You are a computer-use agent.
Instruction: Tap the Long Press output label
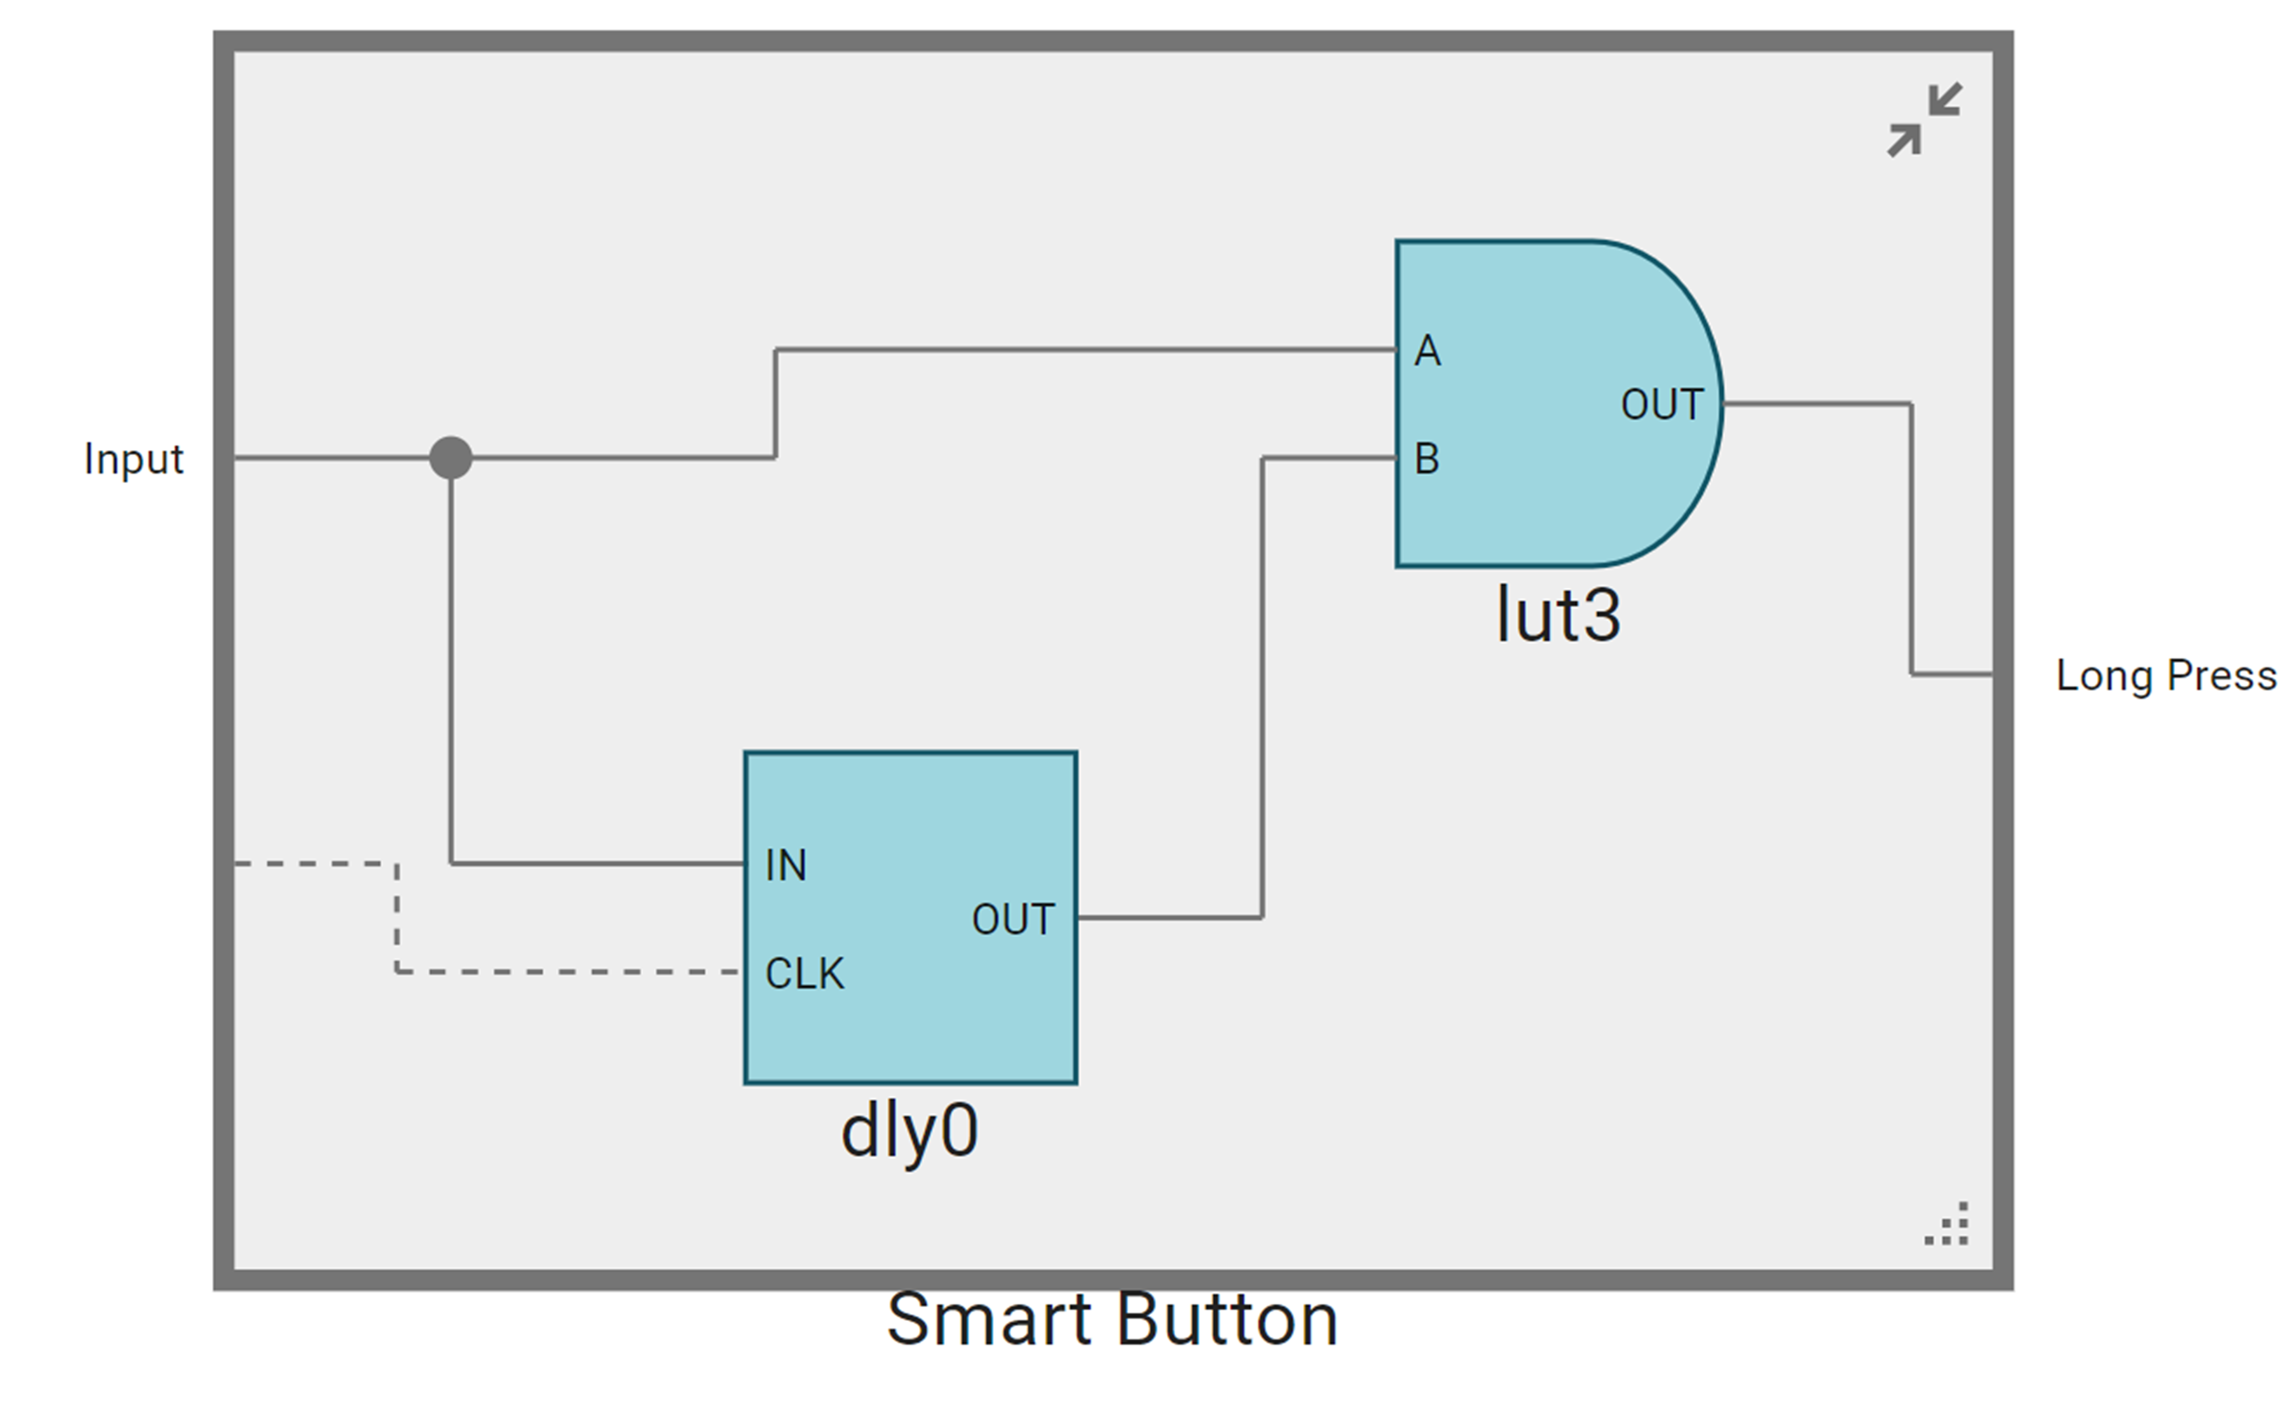(2165, 675)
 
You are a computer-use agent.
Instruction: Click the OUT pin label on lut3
(1661, 405)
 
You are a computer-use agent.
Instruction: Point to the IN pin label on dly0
(785, 865)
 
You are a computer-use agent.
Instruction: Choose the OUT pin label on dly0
(1013, 919)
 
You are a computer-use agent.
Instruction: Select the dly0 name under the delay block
(909, 1131)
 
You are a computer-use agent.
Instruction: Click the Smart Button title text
(1111, 1319)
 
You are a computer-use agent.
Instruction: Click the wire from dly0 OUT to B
(1262, 689)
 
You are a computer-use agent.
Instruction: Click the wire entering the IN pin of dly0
(595, 864)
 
